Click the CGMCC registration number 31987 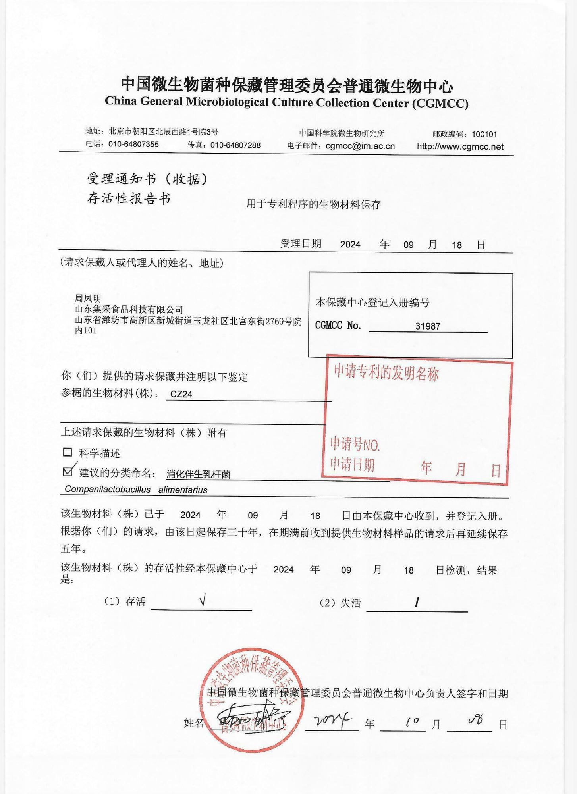click(x=428, y=326)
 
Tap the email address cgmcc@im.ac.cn click(x=360, y=146)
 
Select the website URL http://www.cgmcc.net click(x=460, y=146)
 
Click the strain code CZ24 click(x=181, y=394)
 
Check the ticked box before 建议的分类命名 click(x=68, y=471)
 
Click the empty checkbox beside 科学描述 click(x=68, y=452)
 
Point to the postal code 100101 click(x=484, y=134)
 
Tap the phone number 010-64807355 click(x=133, y=144)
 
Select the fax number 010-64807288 click(x=235, y=145)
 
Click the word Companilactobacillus click(x=108, y=489)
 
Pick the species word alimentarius click(x=183, y=490)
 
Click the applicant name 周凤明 click(x=88, y=298)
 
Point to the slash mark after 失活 click(x=417, y=603)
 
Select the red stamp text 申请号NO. click(x=355, y=445)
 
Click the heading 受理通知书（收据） click(x=147, y=179)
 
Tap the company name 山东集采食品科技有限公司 click(x=129, y=309)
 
